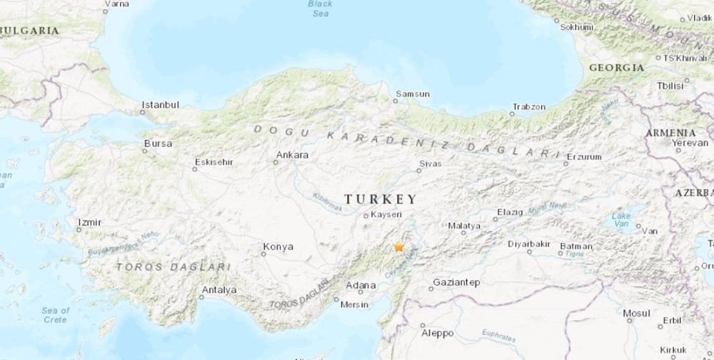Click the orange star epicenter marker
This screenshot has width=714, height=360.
coord(398,247)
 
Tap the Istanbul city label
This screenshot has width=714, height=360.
coord(160,105)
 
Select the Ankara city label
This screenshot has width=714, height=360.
coord(293,154)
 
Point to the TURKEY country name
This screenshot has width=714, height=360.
coord(380,199)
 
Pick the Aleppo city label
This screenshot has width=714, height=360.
coord(437,333)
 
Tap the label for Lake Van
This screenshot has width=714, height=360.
coord(621,219)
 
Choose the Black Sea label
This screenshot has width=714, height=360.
coord(320,8)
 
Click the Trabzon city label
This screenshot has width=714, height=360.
coord(528,107)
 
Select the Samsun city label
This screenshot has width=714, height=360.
coord(413,94)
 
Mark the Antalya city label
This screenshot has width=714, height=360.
coord(218,289)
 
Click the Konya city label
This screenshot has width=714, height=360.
coord(278,246)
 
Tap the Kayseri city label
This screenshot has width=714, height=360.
coord(387,214)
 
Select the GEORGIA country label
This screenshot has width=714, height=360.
coord(616,68)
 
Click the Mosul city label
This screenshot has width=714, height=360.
coord(636,313)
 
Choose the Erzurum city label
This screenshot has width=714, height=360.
coord(584,156)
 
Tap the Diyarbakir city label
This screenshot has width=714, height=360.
coord(528,244)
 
